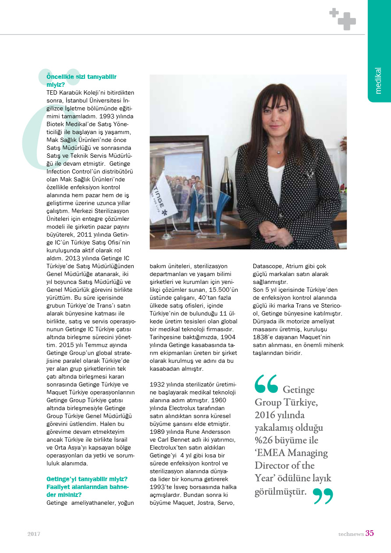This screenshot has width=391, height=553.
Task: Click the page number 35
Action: [x=370, y=533]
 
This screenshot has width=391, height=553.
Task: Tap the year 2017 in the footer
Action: [x=34, y=534]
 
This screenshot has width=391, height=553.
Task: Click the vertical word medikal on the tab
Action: [x=378, y=81]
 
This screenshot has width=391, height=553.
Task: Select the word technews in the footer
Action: [x=351, y=534]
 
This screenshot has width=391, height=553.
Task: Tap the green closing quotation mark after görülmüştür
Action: [x=323, y=496]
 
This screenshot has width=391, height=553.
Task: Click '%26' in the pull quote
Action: [x=265, y=440]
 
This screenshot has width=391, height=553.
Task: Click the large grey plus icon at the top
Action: [x=347, y=21]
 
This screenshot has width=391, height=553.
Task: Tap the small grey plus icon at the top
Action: [x=334, y=13]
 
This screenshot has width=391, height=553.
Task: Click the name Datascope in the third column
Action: [x=267, y=266]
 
